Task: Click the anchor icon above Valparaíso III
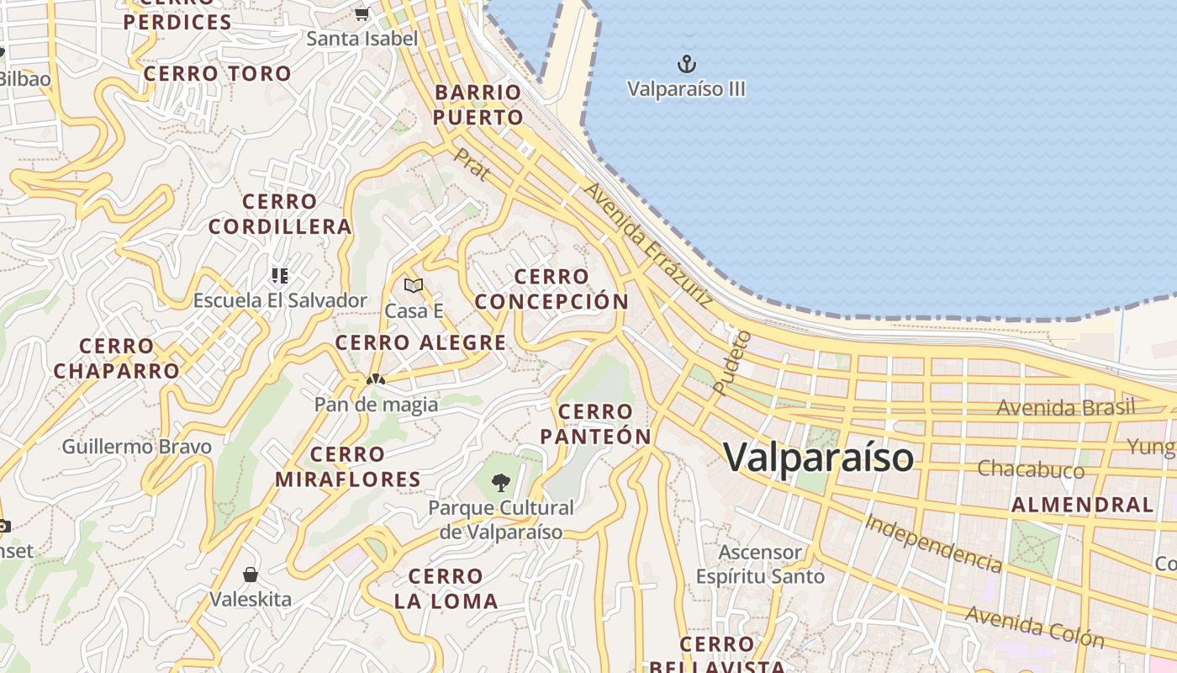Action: (x=687, y=64)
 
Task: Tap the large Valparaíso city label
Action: (x=818, y=458)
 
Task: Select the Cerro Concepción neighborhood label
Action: (x=552, y=289)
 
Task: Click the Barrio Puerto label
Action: (x=478, y=105)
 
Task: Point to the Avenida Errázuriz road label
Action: (x=648, y=243)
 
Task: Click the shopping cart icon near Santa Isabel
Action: (x=362, y=13)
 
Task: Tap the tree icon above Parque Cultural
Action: (x=501, y=483)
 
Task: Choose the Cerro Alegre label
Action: (x=421, y=343)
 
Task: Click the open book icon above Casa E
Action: (x=414, y=286)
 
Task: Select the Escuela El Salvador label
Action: (x=280, y=300)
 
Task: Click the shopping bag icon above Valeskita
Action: (x=251, y=575)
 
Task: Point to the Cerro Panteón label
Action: (x=596, y=424)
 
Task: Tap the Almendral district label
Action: (x=1082, y=505)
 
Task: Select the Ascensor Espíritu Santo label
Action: (x=760, y=564)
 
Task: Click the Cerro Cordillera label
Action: (x=280, y=215)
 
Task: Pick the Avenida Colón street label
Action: (x=1035, y=626)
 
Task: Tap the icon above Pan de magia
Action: (x=376, y=379)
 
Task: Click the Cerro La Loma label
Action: (x=446, y=589)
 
